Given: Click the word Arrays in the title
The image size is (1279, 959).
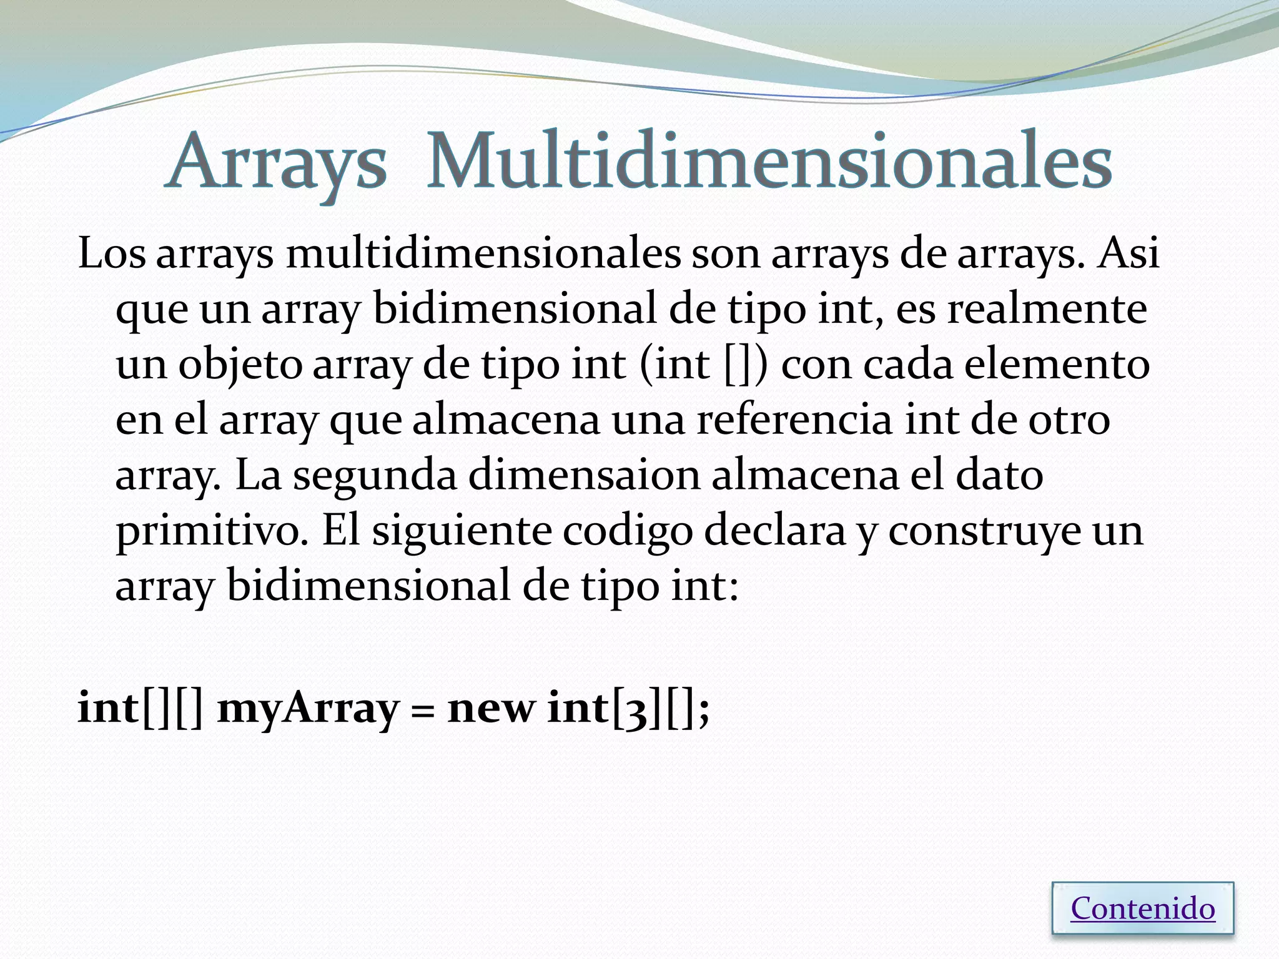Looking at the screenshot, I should pyautogui.click(x=276, y=164).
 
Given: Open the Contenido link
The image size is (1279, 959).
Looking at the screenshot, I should pyautogui.click(x=1143, y=908).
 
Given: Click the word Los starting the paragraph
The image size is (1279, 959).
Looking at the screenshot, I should pyautogui.click(x=112, y=254).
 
